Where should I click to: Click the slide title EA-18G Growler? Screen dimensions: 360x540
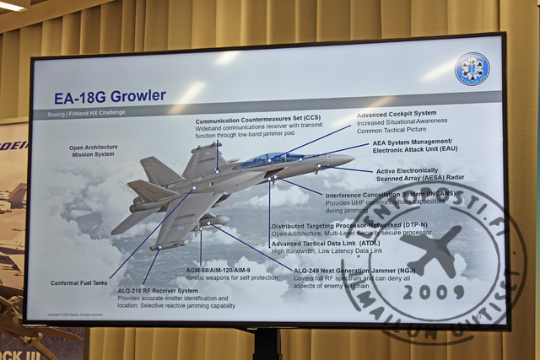point(110,96)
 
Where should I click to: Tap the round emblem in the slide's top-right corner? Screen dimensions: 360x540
point(472,69)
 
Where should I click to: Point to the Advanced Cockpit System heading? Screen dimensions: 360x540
point(396,114)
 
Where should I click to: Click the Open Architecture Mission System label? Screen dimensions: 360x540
point(93,150)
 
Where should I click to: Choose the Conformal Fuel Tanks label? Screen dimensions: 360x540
point(79,282)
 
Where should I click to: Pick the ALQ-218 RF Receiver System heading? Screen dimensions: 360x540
point(158,291)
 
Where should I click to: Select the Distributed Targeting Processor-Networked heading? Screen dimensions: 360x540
point(348,226)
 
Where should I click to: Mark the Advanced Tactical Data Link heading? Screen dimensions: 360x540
point(326,243)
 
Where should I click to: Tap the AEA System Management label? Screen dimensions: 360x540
point(412,142)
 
